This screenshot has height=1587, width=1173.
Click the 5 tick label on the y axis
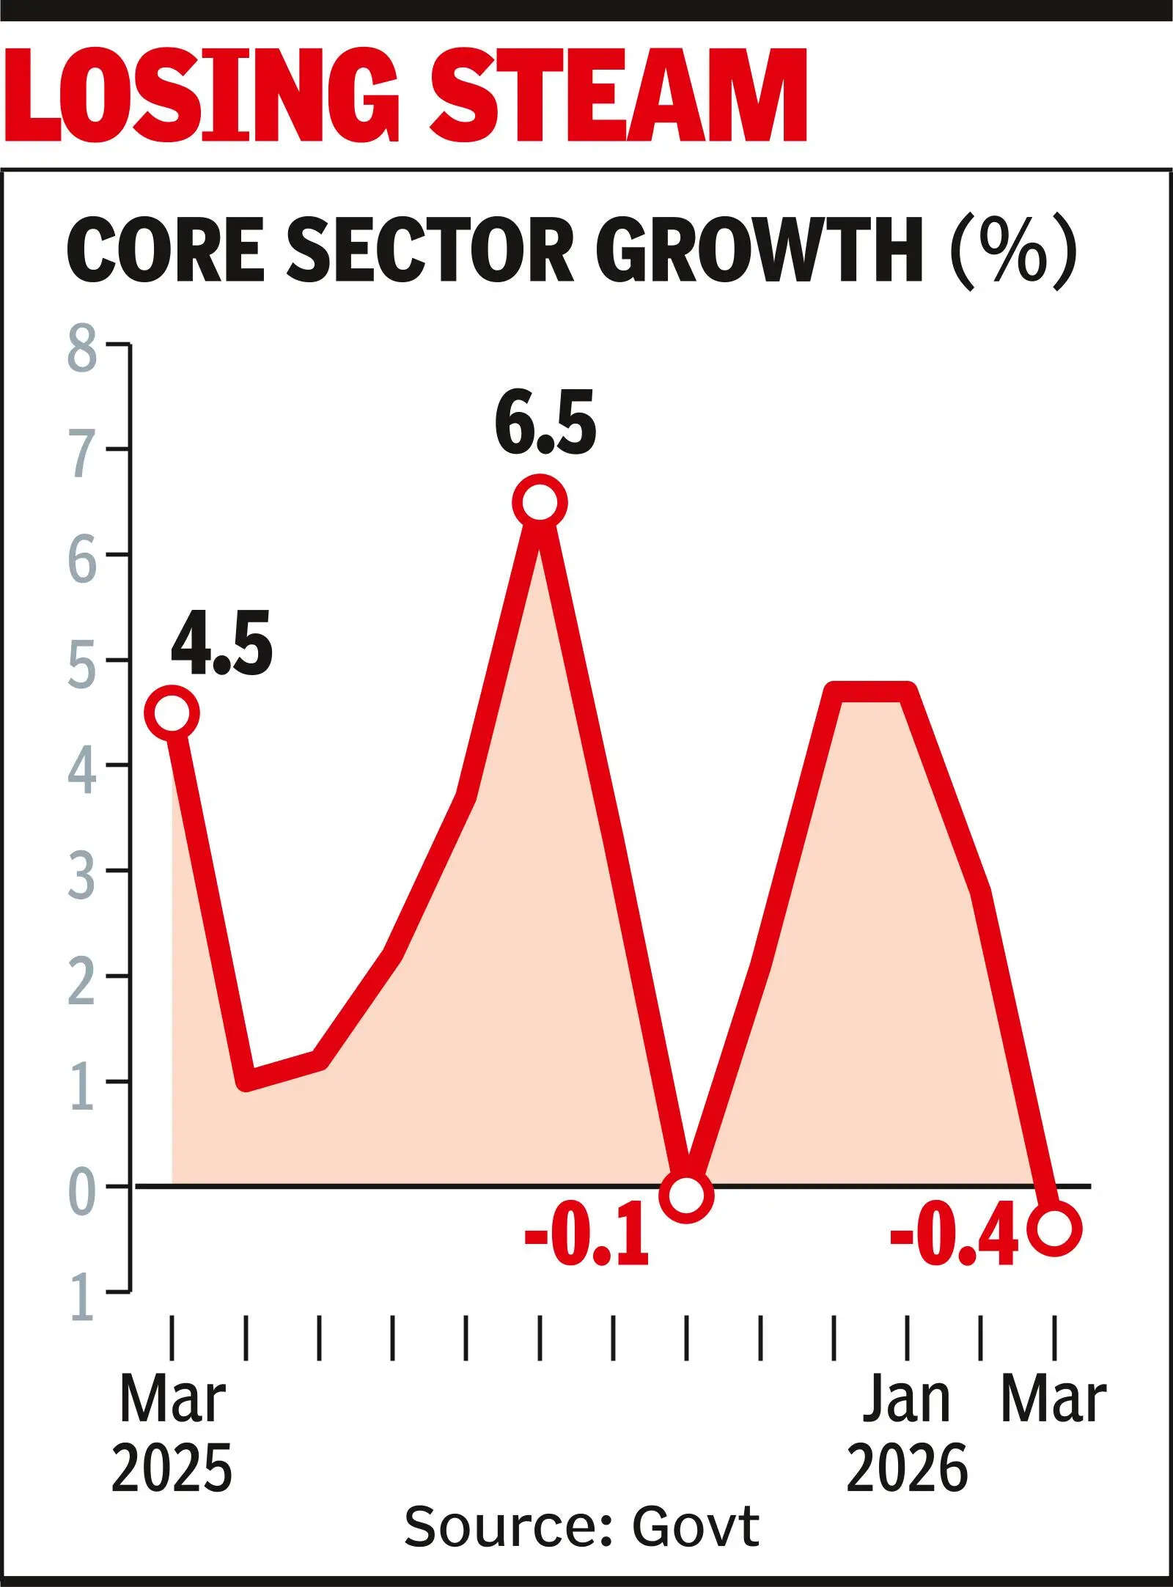[x=82, y=660]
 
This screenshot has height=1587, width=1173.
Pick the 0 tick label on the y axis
[x=82, y=1186]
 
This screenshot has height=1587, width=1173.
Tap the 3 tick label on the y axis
[x=82, y=872]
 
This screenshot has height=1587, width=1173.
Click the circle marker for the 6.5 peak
[x=539, y=503]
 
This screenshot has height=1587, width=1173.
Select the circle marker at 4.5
[x=172, y=713]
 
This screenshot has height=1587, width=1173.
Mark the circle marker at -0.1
[x=685, y=1196]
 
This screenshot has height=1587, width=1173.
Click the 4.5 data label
[x=221, y=644]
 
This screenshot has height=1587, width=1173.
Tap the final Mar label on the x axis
[x=1054, y=1400]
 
